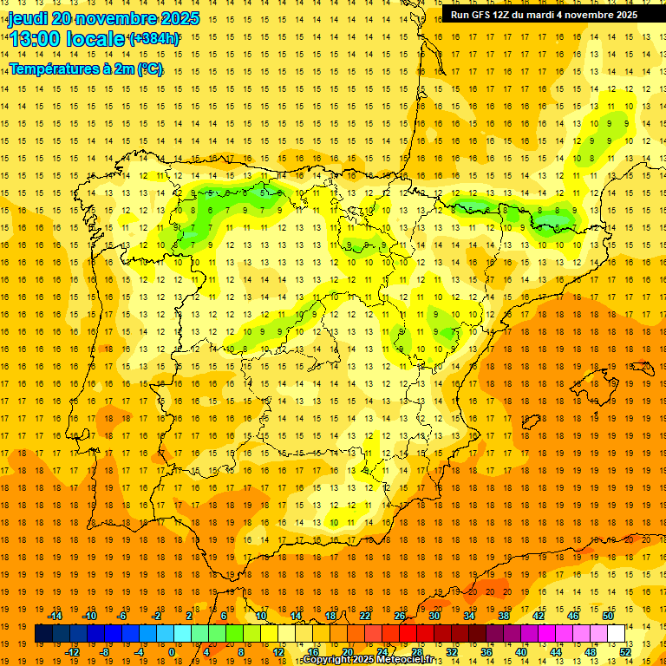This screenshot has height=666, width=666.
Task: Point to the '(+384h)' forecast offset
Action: point(153,39)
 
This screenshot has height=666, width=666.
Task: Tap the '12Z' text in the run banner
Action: point(512,15)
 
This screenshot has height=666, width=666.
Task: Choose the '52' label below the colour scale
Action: point(625,652)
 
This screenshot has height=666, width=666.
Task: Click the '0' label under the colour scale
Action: point(172,652)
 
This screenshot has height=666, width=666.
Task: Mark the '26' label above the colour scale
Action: point(400,616)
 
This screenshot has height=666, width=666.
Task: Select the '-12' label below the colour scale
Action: point(72,652)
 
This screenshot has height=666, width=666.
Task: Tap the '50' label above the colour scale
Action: point(608,616)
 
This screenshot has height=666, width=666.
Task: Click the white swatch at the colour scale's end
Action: point(616,634)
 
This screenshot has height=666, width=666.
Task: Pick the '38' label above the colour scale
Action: point(504,616)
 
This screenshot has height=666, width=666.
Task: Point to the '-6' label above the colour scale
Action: point(122,616)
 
